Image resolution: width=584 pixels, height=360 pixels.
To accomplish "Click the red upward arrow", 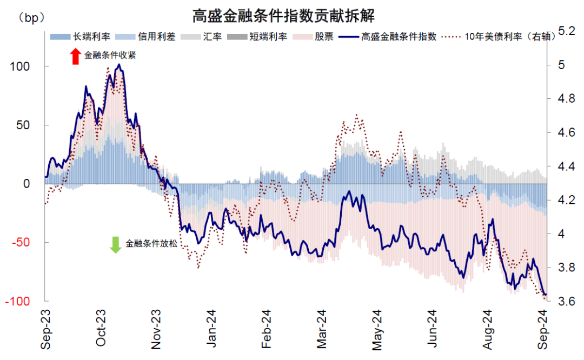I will [75, 56].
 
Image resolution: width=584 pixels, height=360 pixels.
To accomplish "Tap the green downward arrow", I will [115, 244].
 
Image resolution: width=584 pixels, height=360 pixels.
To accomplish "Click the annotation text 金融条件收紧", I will [110, 55].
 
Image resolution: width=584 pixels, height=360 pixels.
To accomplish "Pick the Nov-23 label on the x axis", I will [156, 329].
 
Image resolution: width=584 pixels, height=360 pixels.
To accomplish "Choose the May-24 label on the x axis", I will [377, 329].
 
